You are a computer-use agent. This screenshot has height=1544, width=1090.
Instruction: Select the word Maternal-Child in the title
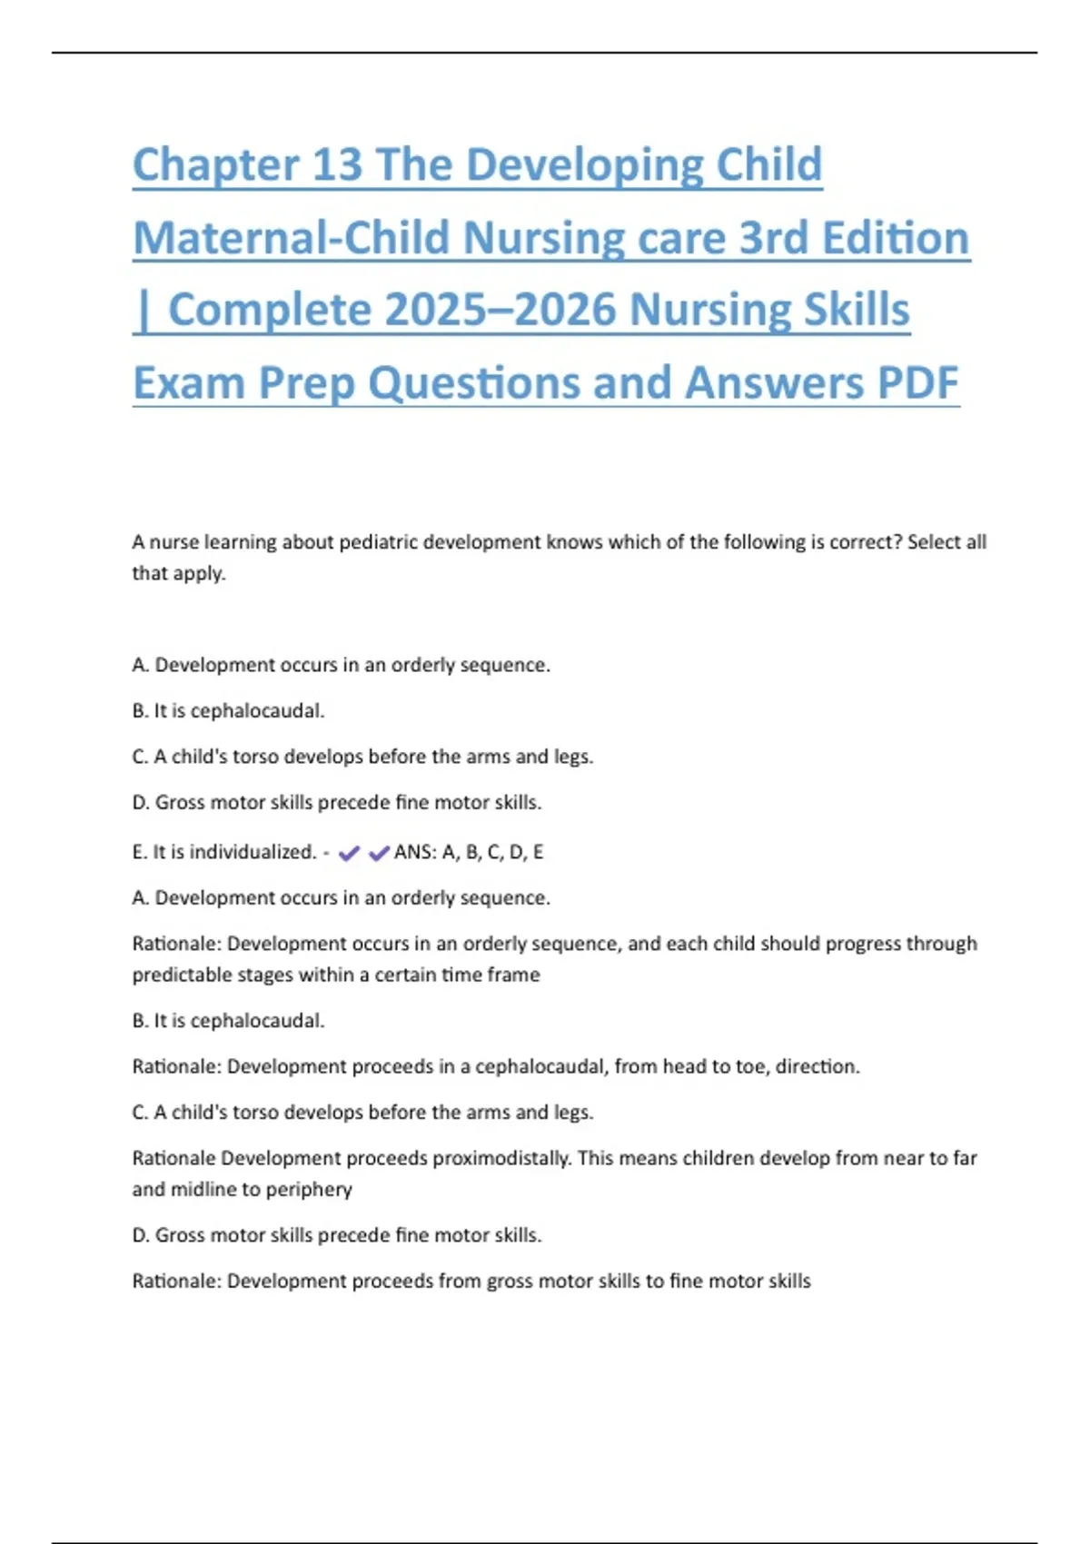pyautogui.click(x=292, y=238)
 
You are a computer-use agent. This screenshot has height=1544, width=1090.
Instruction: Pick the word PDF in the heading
pyautogui.click(x=917, y=382)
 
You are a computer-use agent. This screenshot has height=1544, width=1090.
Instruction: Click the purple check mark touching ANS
pyautogui.click(x=379, y=853)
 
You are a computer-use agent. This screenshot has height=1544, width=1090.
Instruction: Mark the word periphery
pyautogui.click(x=308, y=1190)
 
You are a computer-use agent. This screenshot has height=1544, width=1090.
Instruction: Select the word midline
pyautogui.click(x=201, y=1189)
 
